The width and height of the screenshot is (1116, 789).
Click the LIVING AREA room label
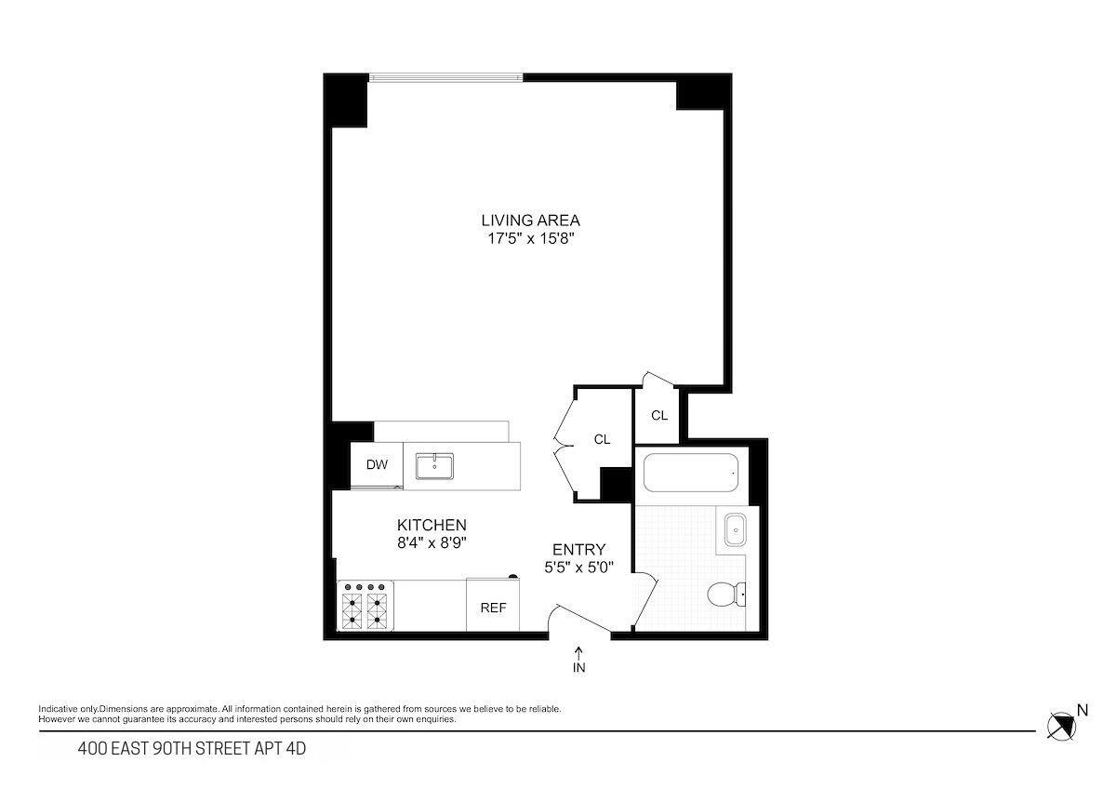coord(530,221)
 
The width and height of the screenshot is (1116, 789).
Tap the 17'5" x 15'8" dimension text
coord(530,239)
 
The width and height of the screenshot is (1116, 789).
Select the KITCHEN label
coord(432,525)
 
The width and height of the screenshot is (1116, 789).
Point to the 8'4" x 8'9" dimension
coord(432,543)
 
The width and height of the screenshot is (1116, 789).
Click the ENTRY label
coord(578,549)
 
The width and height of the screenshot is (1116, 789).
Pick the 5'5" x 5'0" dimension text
coord(578,567)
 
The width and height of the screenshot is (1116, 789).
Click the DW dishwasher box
coord(376,465)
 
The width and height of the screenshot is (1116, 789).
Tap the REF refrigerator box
coord(493,608)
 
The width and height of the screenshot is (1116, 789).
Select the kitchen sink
coord(434,466)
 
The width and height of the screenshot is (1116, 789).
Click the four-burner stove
coord(365,606)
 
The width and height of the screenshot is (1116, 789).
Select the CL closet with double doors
coord(601,439)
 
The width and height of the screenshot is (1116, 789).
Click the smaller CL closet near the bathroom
coord(658,416)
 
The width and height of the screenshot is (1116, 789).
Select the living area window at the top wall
coord(445,77)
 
